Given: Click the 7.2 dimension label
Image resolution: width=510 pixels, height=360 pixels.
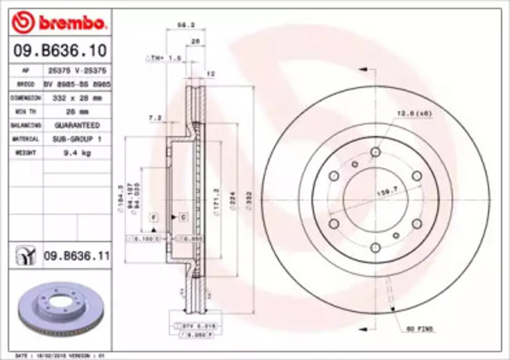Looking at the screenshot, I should click(x=155, y=118).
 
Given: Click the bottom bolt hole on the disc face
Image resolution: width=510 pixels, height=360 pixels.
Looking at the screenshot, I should click(x=375, y=248).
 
